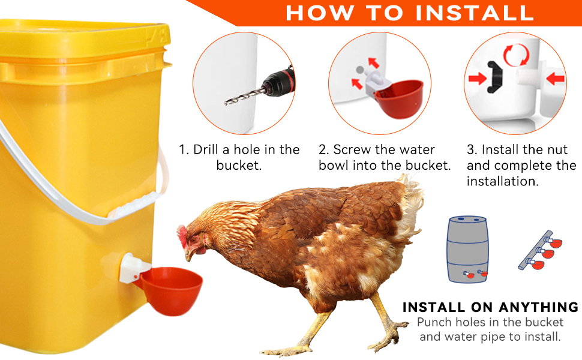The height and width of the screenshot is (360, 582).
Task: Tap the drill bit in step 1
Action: coord(245,96)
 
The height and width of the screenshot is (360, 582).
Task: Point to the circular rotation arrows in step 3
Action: coord(517,55)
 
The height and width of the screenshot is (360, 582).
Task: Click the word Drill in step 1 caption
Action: coord(206,149)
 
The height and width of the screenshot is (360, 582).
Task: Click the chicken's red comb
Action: coord(182,235)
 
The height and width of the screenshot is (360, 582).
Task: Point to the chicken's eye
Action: coord(194,240)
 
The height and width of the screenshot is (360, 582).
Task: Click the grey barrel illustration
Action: coord(467,249)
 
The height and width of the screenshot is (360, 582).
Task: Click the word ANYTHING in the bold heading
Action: coord(538,307)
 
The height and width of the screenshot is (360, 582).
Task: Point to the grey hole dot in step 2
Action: coord(359,70)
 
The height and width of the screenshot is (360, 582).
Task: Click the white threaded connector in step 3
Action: coord(527,78)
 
